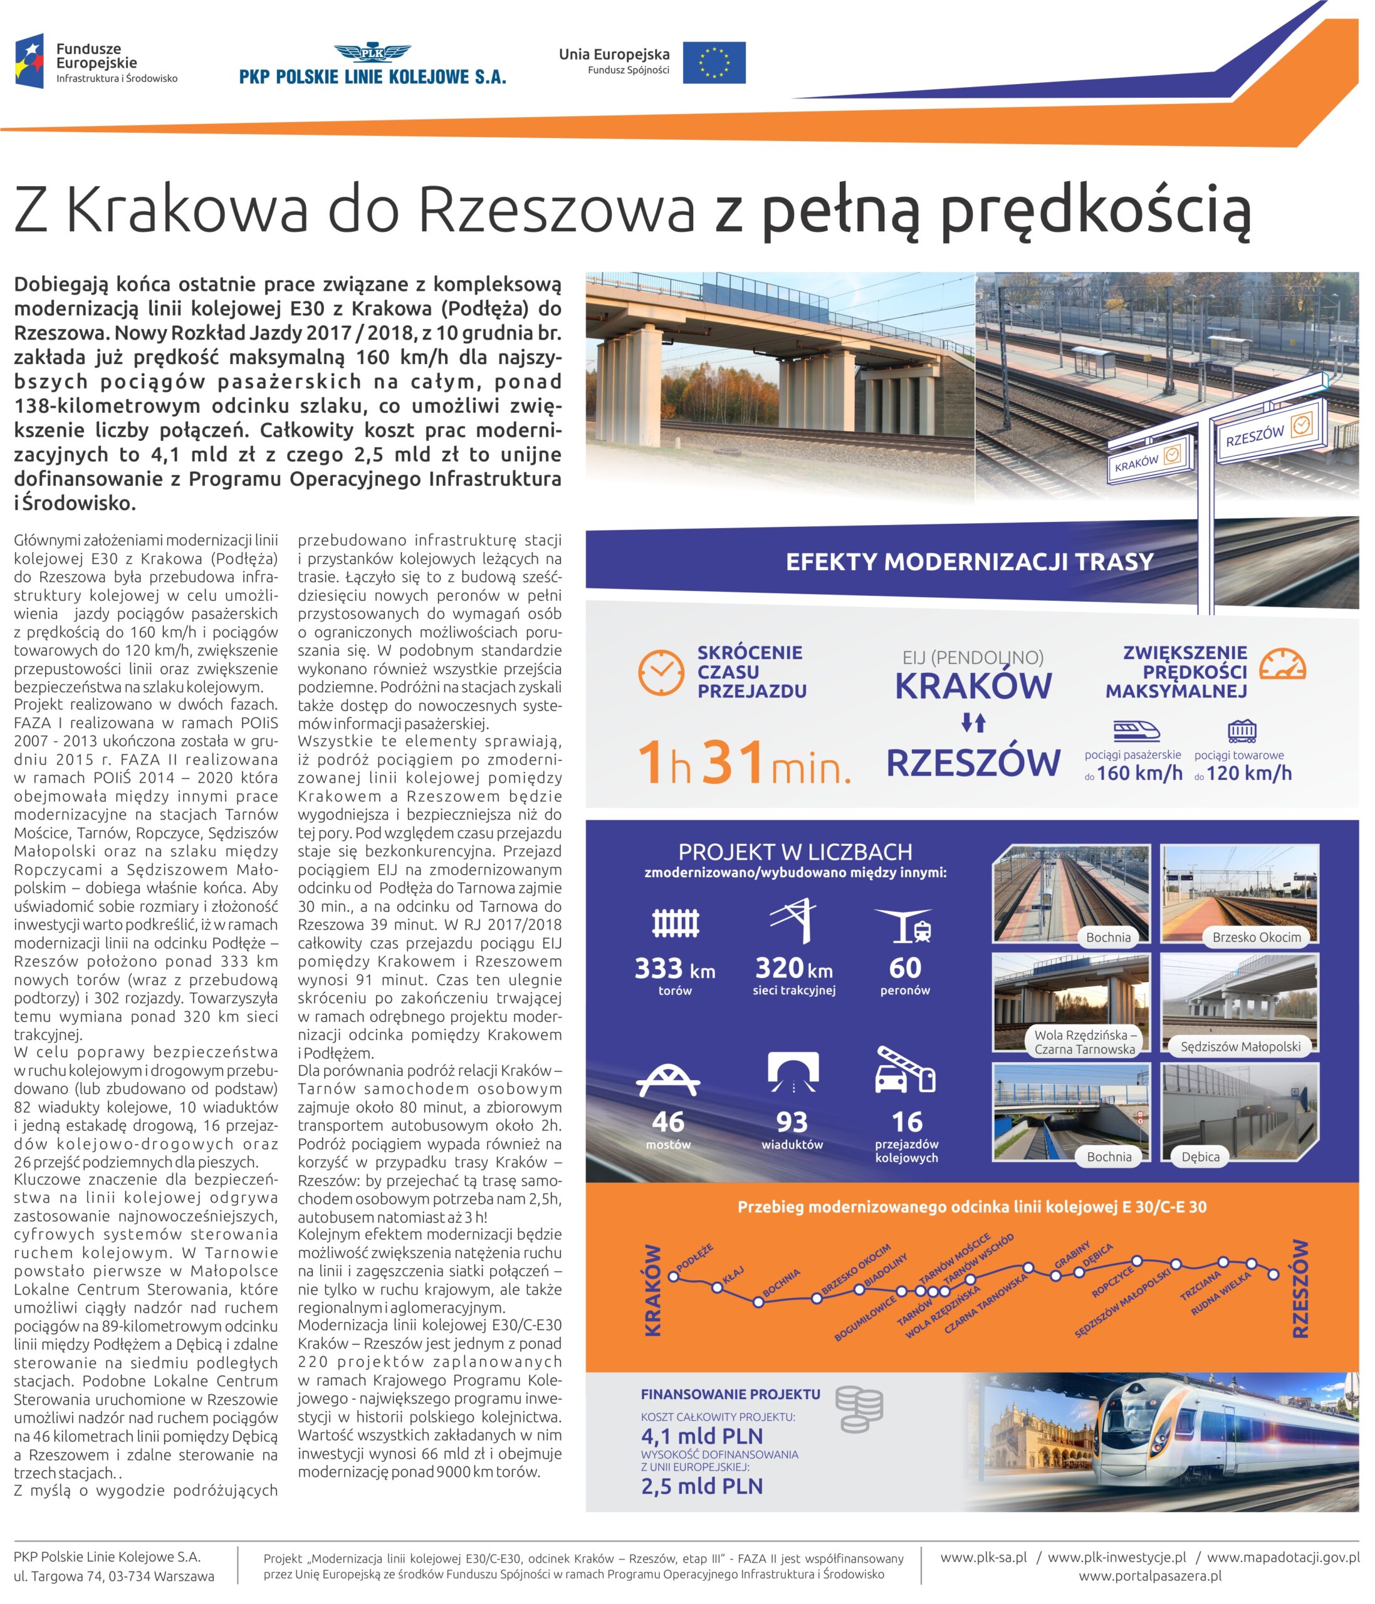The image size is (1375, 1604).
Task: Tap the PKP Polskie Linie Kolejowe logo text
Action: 372,76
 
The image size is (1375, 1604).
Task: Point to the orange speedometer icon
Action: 1282,664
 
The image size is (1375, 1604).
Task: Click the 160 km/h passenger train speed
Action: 1139,773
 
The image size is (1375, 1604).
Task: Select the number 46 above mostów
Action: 668,1122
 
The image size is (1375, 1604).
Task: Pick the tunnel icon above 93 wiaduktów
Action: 793,1074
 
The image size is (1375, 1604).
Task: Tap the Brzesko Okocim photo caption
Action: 1257,937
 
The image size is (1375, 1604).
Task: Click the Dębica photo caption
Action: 1200,1157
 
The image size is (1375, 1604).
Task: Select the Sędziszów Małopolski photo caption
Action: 1240,1046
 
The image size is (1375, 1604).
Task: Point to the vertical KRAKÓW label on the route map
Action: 652,1291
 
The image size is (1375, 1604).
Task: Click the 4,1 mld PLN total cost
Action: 701,1436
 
